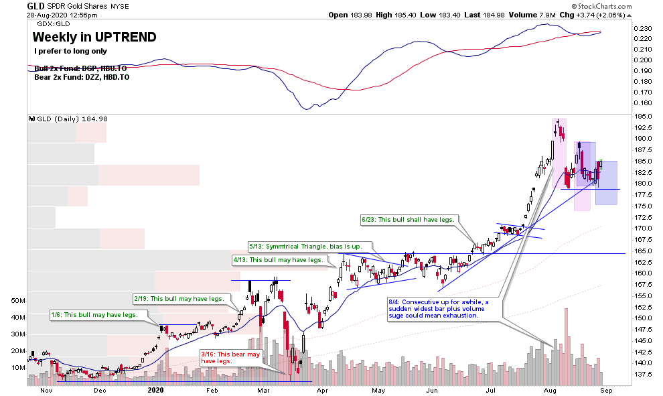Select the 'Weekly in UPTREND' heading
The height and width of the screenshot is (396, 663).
pos(94,37)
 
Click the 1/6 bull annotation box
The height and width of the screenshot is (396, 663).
pos(95,314)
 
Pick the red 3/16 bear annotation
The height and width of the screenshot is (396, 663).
pos(230,357)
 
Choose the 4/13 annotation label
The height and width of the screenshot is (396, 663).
pos(278,259)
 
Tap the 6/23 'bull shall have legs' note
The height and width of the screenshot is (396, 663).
pos(408,219)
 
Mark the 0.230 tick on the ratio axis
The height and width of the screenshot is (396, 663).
pos(644,29)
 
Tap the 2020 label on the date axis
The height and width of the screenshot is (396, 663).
pos(155,389)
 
